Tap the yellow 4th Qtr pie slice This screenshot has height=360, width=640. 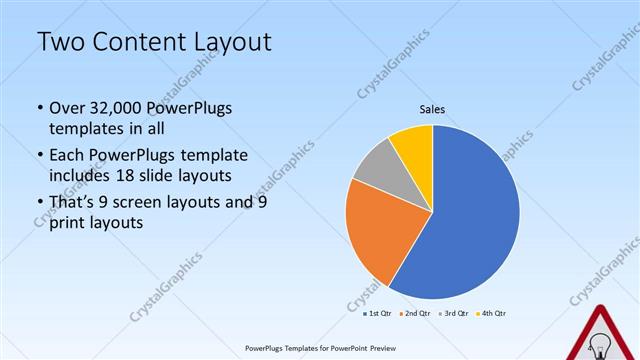point(413,145)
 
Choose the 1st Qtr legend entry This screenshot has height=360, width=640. point(377,313)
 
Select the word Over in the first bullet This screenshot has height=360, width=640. point(67,108)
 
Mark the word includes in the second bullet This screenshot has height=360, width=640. point(83,176)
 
